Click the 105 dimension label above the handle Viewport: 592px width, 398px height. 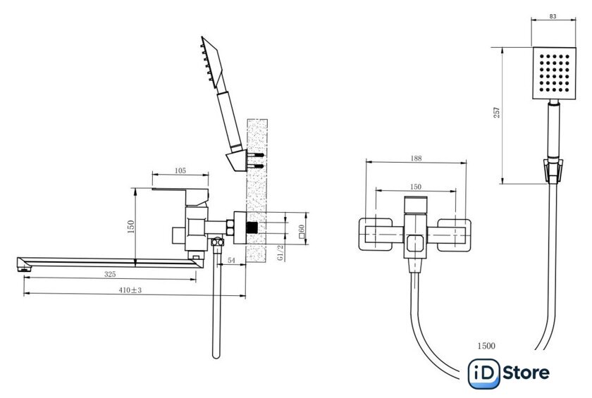click(180, 170)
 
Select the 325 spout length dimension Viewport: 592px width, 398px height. click(110, 274)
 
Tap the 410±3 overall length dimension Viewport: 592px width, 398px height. click(130, 290)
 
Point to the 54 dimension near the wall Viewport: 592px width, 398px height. click(231, 261)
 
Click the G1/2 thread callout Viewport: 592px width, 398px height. click(280, 252)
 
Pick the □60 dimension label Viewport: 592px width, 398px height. click(302, 231)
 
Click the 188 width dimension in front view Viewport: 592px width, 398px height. click(416, 158)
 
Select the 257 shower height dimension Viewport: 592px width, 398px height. click(498, 113)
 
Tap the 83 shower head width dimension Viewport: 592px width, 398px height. click(553, 16)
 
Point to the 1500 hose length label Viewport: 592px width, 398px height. click(486, 346)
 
